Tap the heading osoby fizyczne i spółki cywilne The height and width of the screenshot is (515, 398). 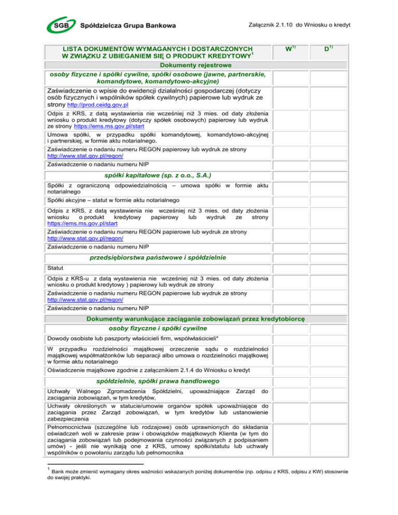(159, 328)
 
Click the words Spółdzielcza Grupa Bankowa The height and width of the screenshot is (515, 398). (127, 25)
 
